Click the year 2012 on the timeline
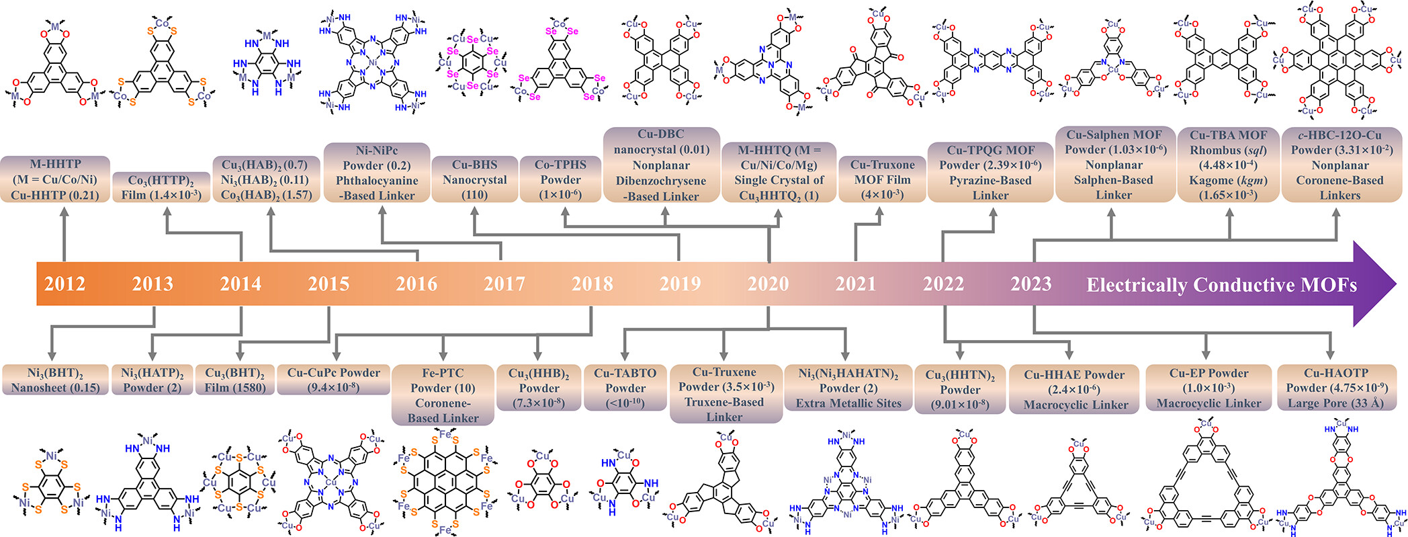(x=64, y=284)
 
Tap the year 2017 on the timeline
(x=504, y=284)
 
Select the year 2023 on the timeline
(x=1031, y=284)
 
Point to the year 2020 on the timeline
(x=768, y=284)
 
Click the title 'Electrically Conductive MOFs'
(x=1221, y=285)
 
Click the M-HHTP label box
(x=55, y=179)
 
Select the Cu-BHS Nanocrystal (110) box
(x=475, y=179)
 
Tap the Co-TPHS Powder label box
(x=561, y=179)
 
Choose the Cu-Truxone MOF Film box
(x=882, y=179)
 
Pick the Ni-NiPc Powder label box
(x=377, y=173)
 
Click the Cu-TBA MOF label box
(x=1229, y=165)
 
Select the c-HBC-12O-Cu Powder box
(x=1339, y=165)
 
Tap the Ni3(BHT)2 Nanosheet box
(x=55, y=380)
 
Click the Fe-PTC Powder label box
(x=443, y=395)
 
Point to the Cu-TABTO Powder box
(x=625, y=387)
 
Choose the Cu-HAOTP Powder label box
(x=1335, y=388)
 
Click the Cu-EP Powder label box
(x=1208, y=388)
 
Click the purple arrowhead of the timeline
(x=1374, y=284)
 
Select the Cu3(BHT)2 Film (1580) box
(x=234, y=380)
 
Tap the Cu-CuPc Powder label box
(x=333, y=380)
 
